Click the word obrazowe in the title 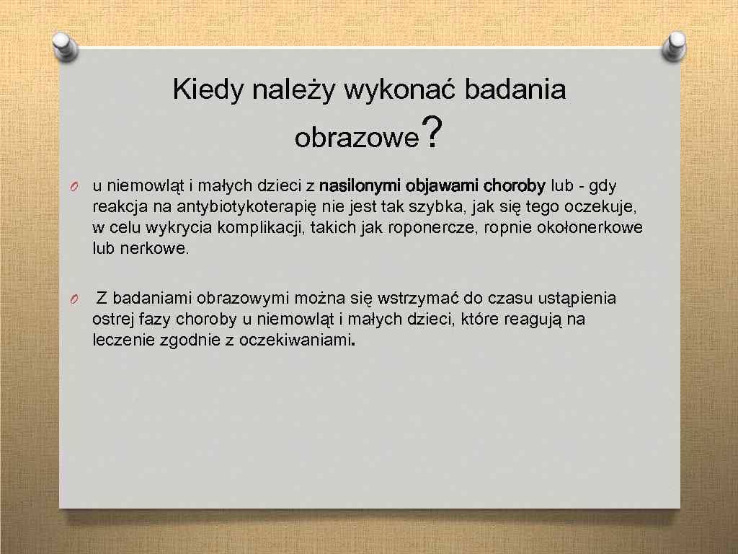pos(356,137)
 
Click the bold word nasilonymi pos(359,186)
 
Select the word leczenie pos(120,340)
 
